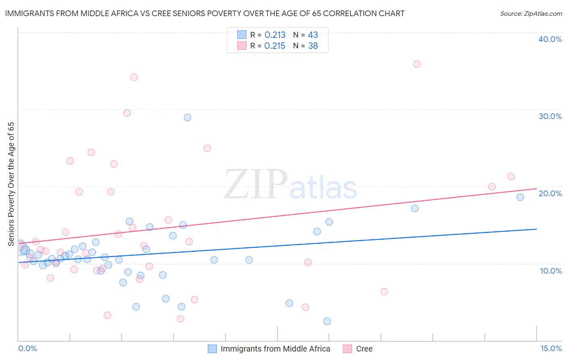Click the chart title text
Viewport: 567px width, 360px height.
(204, 13)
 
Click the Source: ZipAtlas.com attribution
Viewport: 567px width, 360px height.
(531, 13)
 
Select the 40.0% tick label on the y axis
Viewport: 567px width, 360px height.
(550, 39)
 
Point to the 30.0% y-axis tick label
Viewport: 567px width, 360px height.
(550, 116)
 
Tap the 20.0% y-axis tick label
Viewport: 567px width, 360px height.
(550, 193)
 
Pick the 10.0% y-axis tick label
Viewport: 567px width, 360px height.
(551, 271)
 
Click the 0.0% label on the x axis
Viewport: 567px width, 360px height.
(27, 348)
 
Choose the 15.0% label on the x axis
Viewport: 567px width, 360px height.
(551, 348)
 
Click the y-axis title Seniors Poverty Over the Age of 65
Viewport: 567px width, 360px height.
(11, 184)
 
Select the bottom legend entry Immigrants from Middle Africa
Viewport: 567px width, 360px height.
(275, 349)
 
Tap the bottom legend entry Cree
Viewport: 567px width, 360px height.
(364, 349)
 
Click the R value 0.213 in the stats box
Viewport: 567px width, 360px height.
(275, 35)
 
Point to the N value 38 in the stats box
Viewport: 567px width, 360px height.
(313, 46)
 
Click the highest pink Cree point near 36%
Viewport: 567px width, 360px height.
(417, 64)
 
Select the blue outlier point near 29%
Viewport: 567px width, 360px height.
(188, 117)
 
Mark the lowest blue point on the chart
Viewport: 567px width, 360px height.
(327, 321)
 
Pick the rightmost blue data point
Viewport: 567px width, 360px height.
(520, 197)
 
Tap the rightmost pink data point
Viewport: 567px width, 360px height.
(511, 176)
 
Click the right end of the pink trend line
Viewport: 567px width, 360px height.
(536, 188)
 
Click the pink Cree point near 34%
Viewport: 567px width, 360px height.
(134, 77)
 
